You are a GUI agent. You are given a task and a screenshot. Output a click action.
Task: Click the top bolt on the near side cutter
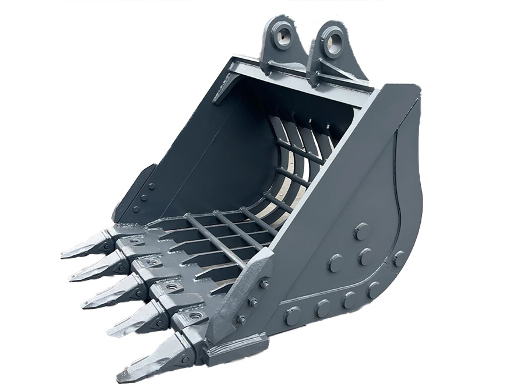(264, 284)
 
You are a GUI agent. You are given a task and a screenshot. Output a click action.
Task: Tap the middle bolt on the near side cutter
(253, 303)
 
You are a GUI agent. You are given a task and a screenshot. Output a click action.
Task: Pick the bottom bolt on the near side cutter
(241, 319)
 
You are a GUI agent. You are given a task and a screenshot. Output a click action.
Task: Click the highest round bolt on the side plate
(361, 231)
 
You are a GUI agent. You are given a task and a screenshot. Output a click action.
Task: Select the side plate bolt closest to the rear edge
(399, 257)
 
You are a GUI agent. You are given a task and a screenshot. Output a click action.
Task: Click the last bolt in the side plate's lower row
(373, 290)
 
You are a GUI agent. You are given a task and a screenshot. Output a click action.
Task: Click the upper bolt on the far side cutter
(151, 187)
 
